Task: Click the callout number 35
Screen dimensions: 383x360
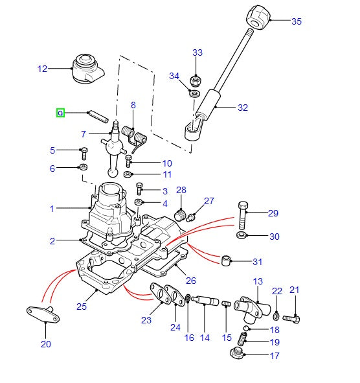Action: click(x=296, y=21)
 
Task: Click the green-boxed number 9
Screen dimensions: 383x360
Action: click(x=60, y=113)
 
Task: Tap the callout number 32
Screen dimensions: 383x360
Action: click(x=243, y=108)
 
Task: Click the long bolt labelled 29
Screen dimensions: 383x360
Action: click(x=242, y=212)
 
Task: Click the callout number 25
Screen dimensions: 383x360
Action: click(x=82, y=305)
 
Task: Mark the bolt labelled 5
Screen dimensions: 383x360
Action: click(x=84, y=153)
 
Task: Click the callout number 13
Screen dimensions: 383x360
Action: click(x=258, y=281)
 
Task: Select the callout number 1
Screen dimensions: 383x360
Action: click(x=52, y=209)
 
